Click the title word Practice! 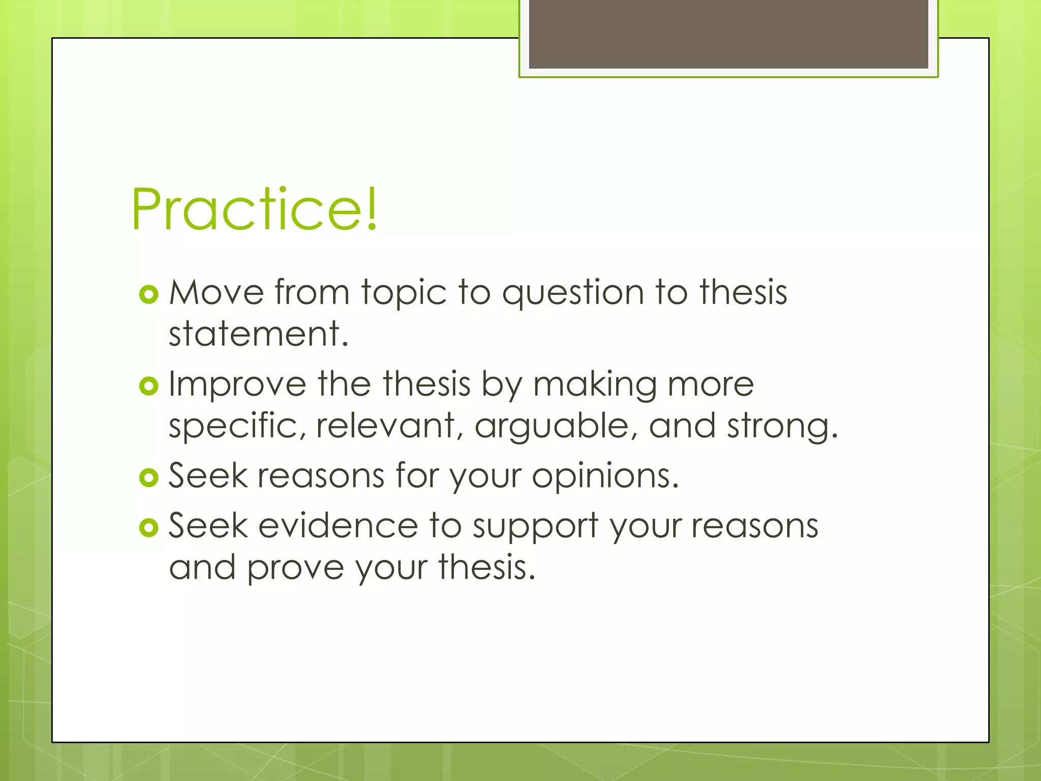click(x=254, y=209)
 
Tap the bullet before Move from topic click(x=149, y=294)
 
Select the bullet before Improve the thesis click(x=149, y=386)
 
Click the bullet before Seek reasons click(x=149, y=477)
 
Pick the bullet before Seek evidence click(x=149, y=528)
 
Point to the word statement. click(x=258, y=335)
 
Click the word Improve click(x=237, y=385)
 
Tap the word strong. click(x=782, y=426)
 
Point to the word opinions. click(x=605, y=477)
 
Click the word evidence click(x=338, y=526)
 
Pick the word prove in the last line click(x=295, y=568)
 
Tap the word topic click(x=404, y=294)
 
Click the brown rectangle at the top click(x=728, y=34)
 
